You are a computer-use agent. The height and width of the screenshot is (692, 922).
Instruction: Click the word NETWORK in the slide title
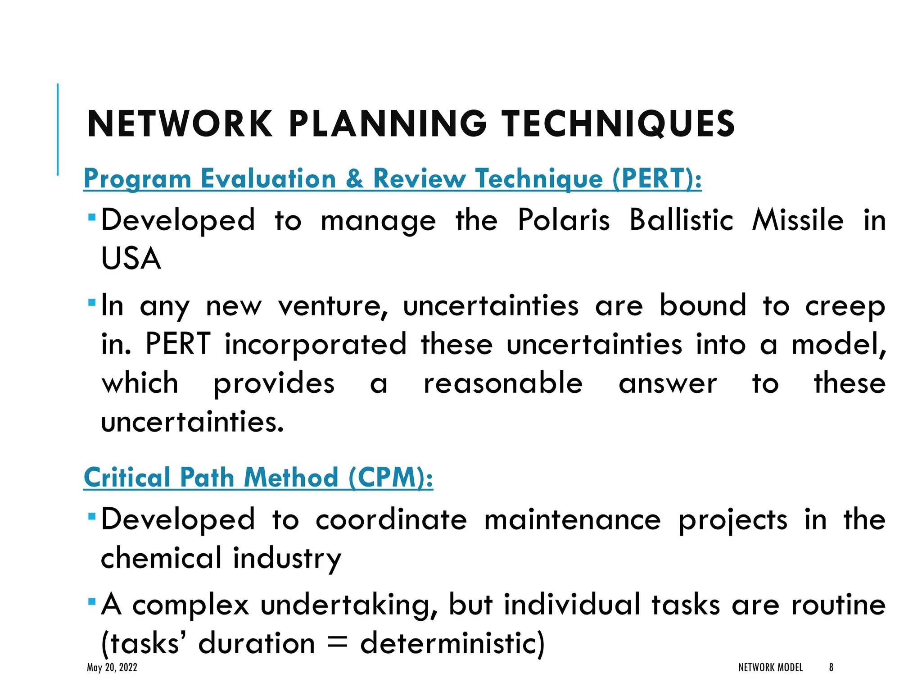tap(180, 124)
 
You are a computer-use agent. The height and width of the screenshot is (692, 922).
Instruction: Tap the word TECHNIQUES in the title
tap(619, 124)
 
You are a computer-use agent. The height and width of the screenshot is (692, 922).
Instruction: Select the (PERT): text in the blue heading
tap(657, 178)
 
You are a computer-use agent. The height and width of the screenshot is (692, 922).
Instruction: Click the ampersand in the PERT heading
tap(355, 178)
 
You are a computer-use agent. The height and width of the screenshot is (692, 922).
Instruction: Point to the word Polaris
tap(564, 220)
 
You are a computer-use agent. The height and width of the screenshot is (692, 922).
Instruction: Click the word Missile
tap(798, 220)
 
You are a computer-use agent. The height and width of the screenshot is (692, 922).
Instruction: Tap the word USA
tap(131, 259)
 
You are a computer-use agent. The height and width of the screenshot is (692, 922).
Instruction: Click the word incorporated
tap(316, 345)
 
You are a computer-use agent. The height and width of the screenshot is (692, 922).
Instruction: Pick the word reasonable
tap(503, 383)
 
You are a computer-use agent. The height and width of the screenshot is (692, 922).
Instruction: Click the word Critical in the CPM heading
tap(127, 478)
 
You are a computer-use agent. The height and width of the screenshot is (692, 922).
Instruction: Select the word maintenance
tap(573, 520)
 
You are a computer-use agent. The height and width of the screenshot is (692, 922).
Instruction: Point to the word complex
tap(190, 605)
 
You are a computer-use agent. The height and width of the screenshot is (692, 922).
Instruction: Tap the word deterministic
tap(452, 643)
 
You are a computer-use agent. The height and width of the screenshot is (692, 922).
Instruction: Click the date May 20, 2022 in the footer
tap(112, 668)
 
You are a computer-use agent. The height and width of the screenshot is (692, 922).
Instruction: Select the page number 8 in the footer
tap(831, 668)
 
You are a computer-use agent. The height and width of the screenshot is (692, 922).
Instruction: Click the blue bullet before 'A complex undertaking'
tap(92, 601)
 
